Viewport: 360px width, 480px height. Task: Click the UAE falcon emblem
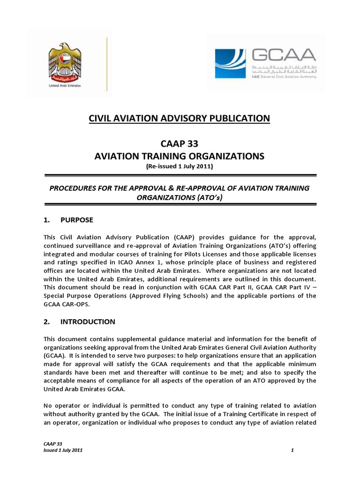(x=68, y=62)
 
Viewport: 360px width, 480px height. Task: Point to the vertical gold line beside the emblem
(x=107, y=64)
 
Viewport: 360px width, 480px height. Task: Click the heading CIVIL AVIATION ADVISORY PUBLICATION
(x=180, y=119)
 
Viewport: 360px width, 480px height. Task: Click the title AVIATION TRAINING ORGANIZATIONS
(x=180, y=156)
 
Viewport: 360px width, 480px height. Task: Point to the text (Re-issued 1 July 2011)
(x=180, y=166)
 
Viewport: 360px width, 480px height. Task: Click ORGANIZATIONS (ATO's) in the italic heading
(x=180, y=197)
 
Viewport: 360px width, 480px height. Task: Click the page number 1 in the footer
(x=292, y=450)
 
